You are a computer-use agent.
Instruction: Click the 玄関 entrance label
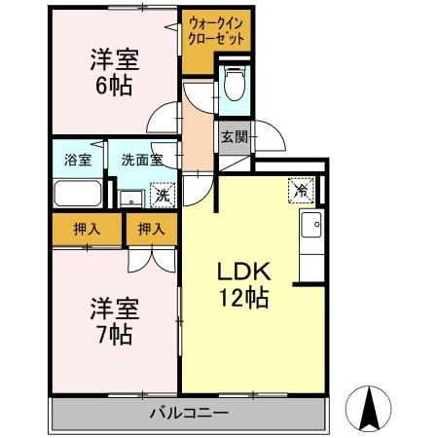pos(232,136)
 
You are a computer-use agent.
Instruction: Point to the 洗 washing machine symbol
pos(163,194)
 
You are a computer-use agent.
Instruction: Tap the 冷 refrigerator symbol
pos(303,189)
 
